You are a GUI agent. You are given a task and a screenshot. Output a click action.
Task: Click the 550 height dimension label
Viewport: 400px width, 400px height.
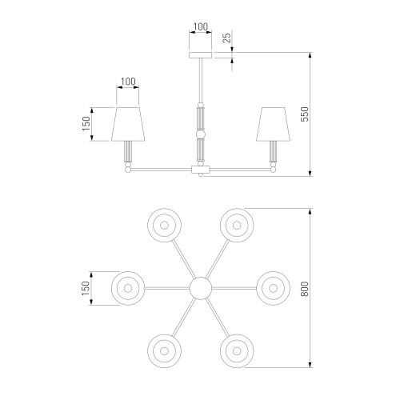[305, 114]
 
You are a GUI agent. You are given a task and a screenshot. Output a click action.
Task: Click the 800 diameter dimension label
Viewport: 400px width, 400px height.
[305, 289]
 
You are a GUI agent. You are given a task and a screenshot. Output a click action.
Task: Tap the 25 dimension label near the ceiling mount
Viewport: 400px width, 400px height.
[226, 38]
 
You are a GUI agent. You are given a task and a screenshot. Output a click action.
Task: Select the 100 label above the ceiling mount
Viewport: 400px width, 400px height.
[201, 26]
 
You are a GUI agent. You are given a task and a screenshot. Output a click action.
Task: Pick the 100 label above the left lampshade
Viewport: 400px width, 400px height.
[128, 82]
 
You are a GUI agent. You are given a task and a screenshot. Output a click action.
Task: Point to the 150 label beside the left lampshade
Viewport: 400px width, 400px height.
[86, 124]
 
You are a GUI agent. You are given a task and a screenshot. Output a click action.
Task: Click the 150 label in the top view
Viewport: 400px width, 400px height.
[86, 288]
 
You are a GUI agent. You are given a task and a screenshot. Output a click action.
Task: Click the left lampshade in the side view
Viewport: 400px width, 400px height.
[128, 124]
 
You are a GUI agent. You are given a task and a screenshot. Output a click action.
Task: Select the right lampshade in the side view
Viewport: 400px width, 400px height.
[273, 124]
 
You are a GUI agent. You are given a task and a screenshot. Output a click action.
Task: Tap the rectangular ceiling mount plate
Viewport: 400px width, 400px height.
[201, 55]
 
